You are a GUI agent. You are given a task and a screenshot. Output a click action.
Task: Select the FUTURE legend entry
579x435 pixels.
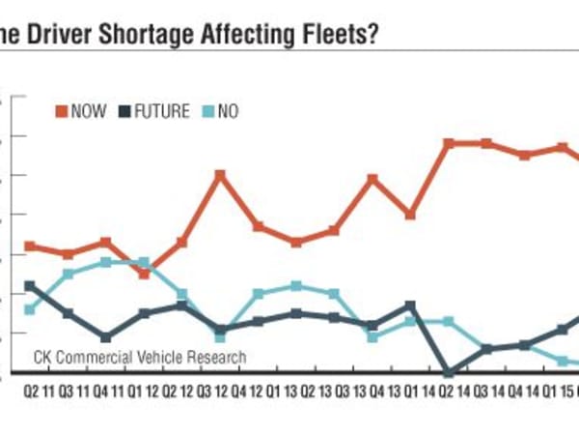point(154,111)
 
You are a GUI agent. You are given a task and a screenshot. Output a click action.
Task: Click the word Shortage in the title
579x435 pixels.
point(126,34)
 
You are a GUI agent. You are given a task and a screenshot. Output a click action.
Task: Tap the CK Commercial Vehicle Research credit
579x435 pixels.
point(140,358)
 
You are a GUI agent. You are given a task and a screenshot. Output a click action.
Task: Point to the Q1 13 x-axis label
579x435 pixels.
point(285,392)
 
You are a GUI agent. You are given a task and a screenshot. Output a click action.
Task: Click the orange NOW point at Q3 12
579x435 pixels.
point(220,174)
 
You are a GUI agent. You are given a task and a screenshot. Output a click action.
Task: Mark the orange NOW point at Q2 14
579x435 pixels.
point(448,143)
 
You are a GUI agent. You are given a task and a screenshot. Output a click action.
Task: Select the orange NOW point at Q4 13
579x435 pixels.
point(372,179)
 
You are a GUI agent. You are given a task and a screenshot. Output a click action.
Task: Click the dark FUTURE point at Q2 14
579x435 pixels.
point(448,372)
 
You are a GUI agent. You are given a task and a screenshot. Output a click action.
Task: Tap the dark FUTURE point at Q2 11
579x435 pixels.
point(30,285)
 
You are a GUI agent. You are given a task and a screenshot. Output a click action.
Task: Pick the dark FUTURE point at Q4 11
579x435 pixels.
point(106,337)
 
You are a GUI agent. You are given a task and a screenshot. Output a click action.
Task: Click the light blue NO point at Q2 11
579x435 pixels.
point(30,309)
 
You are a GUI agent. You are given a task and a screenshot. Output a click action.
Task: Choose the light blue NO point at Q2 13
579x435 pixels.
point(296,286)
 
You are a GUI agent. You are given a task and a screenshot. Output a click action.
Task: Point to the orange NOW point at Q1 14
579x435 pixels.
point(410,214)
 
